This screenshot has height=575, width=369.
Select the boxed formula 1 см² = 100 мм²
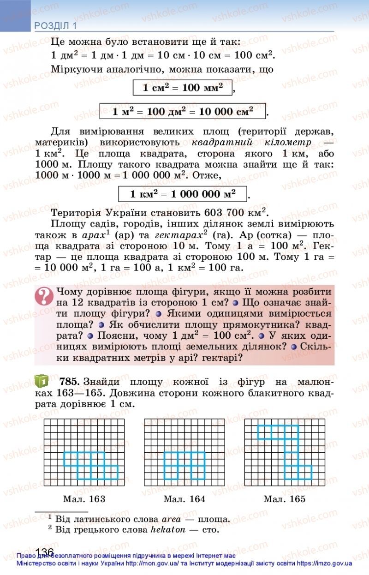point(183,88)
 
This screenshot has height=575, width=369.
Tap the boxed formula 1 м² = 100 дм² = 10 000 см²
point(183,111)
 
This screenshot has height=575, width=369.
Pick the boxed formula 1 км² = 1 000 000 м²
point(183,194)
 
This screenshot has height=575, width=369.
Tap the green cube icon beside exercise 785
point(42,381)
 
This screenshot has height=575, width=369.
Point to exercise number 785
point(70,382)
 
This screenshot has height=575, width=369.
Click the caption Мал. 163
point(84,499)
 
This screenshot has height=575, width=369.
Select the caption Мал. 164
point(184,499)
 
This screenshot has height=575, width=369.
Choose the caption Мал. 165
point(284,499)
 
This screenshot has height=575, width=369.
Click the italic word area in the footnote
point(167,519)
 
